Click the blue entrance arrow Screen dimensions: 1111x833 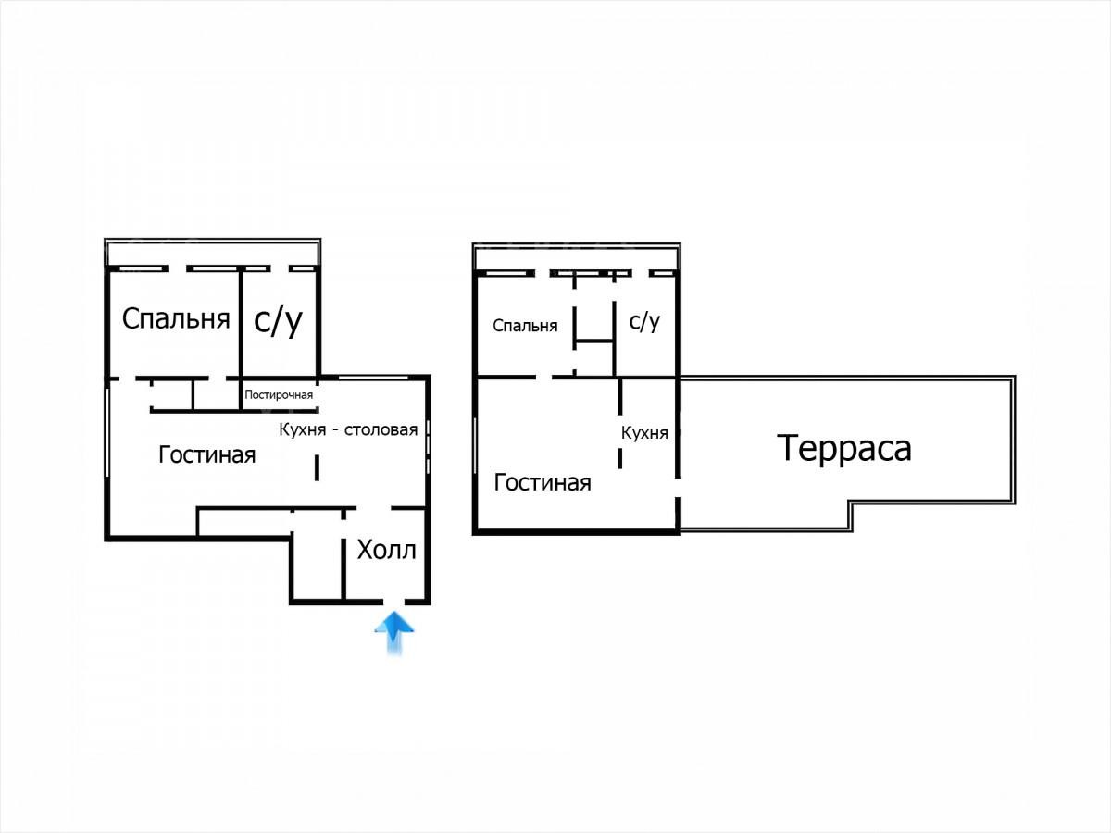click(393, 632)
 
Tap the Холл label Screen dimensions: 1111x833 click(387, 550)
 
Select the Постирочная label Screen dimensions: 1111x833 click(279, 395)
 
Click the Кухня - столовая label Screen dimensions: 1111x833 click(348, 429)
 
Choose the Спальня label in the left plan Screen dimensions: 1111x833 click(176, 319)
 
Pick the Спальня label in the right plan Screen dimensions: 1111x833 click(525, 325)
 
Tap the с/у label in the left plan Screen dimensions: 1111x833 click(278, 320)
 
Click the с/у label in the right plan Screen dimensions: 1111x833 click(644, 322)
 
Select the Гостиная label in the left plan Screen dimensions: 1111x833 click(207, 454)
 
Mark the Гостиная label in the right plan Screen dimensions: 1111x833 click(543, 482)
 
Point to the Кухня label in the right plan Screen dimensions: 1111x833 click(644, 432)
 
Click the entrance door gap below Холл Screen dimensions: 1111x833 click(393, 602)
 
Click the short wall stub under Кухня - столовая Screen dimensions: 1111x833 click(317, 468)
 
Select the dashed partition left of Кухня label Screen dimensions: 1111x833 click(620, 423)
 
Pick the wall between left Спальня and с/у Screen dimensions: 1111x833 click(242, 324)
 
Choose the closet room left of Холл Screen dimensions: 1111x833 click(318, 556)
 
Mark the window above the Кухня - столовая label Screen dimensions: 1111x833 click(373, 378)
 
